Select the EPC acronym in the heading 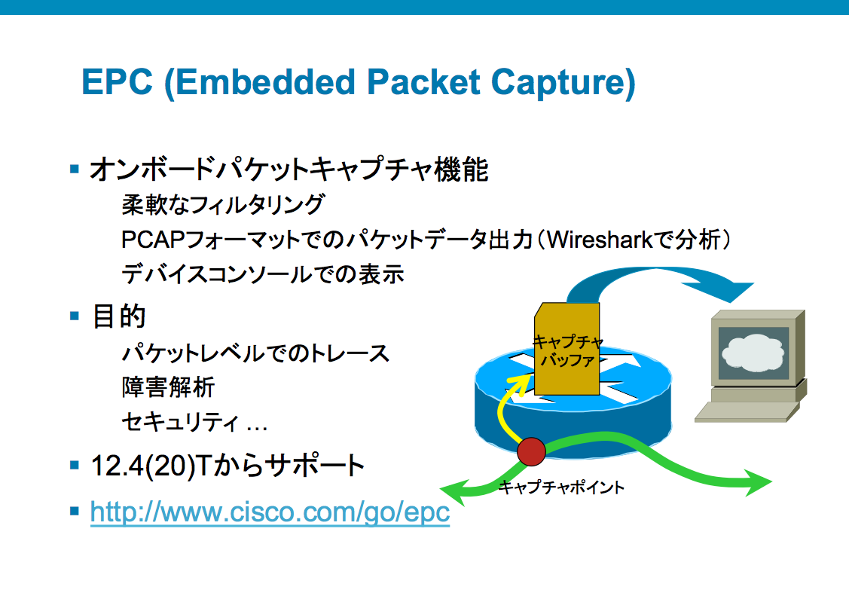tap(117, 82)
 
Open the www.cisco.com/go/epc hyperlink tap(270, 512)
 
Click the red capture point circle tap(531, 451)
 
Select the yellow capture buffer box tap(567, 349)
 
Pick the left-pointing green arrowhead tap(454, 488)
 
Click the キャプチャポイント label tap(560, 487)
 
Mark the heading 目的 tap(118, 316)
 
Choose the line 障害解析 tap(169, 387)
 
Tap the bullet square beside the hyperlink tap(75, 511)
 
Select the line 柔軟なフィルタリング tap(223, 205)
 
